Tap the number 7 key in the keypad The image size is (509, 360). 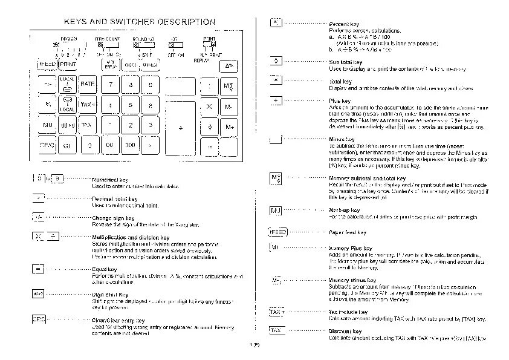click(x=111, y=84)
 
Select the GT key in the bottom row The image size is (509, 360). click(x=67, y=146)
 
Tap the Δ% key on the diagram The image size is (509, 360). click(x=230, y=65)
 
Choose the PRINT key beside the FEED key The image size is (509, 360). click(x=68, y=65)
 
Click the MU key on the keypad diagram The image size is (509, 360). click(x=47, y=125)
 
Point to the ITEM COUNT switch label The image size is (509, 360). click(x=108, y=39)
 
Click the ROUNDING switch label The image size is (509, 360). click(x=144, y=39)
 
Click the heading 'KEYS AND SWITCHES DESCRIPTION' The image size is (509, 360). click(x=139, y=22)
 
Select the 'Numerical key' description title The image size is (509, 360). click(x=110, y=180)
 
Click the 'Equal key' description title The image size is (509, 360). click(x=105, y=269)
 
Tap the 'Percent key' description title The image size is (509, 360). click(x=345, y=24)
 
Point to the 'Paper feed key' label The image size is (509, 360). click(x=348, y=232)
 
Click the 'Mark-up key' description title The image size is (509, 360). click(x=345, y=210)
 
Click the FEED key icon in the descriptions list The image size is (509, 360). click(x=277, y=232)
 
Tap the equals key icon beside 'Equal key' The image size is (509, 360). click(x=37, y=269)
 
